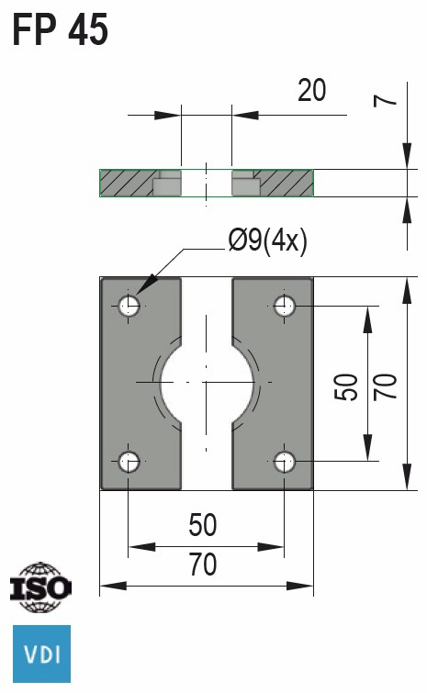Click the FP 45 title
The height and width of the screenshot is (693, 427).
pos(61,30)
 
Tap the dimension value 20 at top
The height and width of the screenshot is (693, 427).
pos(311,90)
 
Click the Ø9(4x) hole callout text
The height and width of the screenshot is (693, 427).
pos(267,241)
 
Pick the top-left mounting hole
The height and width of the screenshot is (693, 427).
pos(129,306)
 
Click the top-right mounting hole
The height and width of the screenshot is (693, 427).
pos(285,306)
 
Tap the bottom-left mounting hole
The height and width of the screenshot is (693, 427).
pos(129,460)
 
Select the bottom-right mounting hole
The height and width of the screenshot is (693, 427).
pos(285,460)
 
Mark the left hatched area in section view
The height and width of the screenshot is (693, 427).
pos(125,183)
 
